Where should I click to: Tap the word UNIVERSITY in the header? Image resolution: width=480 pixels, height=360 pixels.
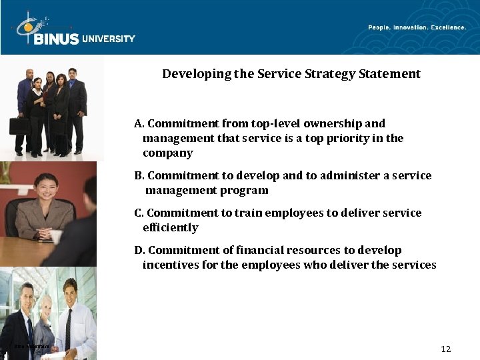[109, 39]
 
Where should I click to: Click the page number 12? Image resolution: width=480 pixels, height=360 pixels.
[446, 349]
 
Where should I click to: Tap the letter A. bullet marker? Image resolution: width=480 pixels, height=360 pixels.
[139, 124]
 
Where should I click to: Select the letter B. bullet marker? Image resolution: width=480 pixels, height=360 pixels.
[139, 176]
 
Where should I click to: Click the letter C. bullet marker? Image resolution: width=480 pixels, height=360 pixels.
[139, 213]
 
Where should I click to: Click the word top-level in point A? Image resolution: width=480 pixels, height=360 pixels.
[275, 124]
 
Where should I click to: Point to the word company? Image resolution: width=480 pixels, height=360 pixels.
[168, 153]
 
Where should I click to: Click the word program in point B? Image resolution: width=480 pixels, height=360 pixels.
[247, 191]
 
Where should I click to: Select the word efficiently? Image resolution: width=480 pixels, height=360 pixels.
[171, 228]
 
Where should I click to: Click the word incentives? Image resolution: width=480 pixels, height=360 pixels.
[171, 265]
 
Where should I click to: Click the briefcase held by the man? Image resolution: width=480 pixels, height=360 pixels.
[19, 125]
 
